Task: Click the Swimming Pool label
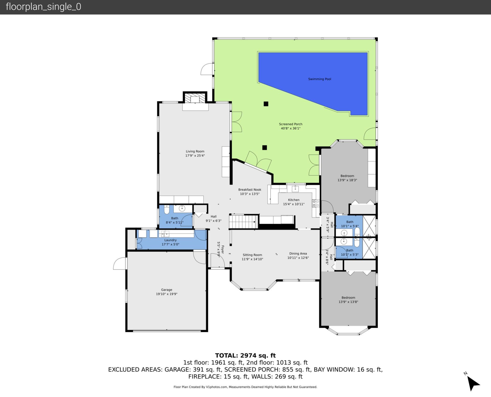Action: click(x=319, y=79)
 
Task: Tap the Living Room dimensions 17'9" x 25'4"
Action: click(x=195, y=156)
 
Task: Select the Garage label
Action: click(x=166, y=290)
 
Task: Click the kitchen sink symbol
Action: click(x=295, y=189)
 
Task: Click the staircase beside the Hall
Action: click(x=243, y=222)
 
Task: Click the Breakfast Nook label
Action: click(x=250, y=190)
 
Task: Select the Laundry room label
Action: click(x=170, y=240)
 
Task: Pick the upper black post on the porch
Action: click(x=266, y=104)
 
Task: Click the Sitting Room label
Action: click(x=252, y=255)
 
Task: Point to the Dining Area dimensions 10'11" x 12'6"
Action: click(x=298, y=258)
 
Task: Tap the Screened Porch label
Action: click(x=291, y=124)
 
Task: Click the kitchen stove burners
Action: click(x=316, y=203)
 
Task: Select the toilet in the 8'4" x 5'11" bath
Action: click(x=167, y=210)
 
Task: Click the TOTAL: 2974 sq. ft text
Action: click(x=245, y=355)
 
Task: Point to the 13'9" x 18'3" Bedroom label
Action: click(x=347, y=176)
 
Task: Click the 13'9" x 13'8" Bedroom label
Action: click(x=348, y=297)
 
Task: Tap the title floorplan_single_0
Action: click(x=43, y=7)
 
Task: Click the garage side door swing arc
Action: click(x=119, y=263)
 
